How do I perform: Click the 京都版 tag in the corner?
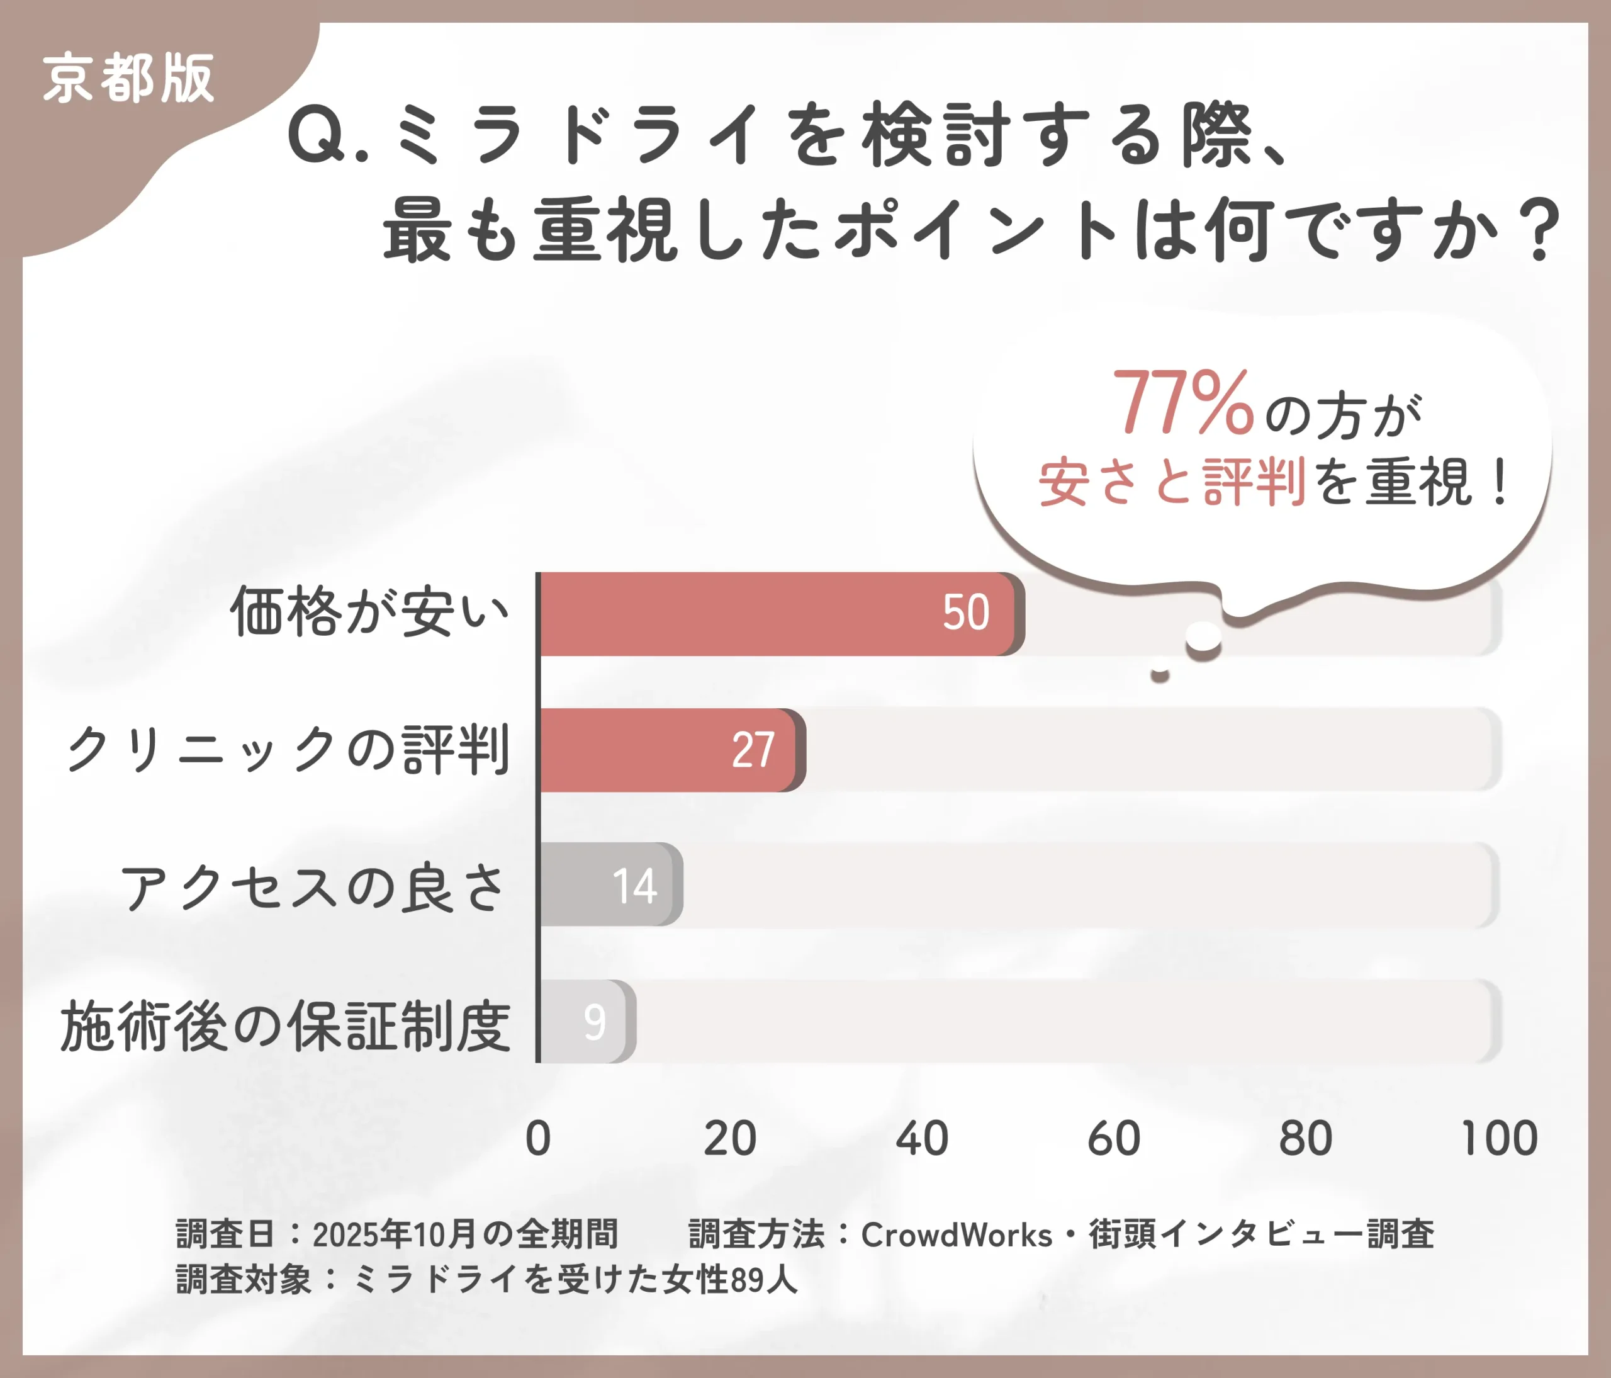128,79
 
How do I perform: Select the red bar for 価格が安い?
739,614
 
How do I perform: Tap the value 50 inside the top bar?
966,613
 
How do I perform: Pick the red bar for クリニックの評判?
637,750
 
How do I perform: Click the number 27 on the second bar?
753,750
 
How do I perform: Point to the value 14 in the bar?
634,886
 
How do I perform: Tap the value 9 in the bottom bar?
594,1022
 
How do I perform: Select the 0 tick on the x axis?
538,1139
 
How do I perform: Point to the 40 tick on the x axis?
921,1139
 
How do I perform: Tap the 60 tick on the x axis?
1113,1139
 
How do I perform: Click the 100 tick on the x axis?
1498,1139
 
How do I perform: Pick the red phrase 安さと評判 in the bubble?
1171,482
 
